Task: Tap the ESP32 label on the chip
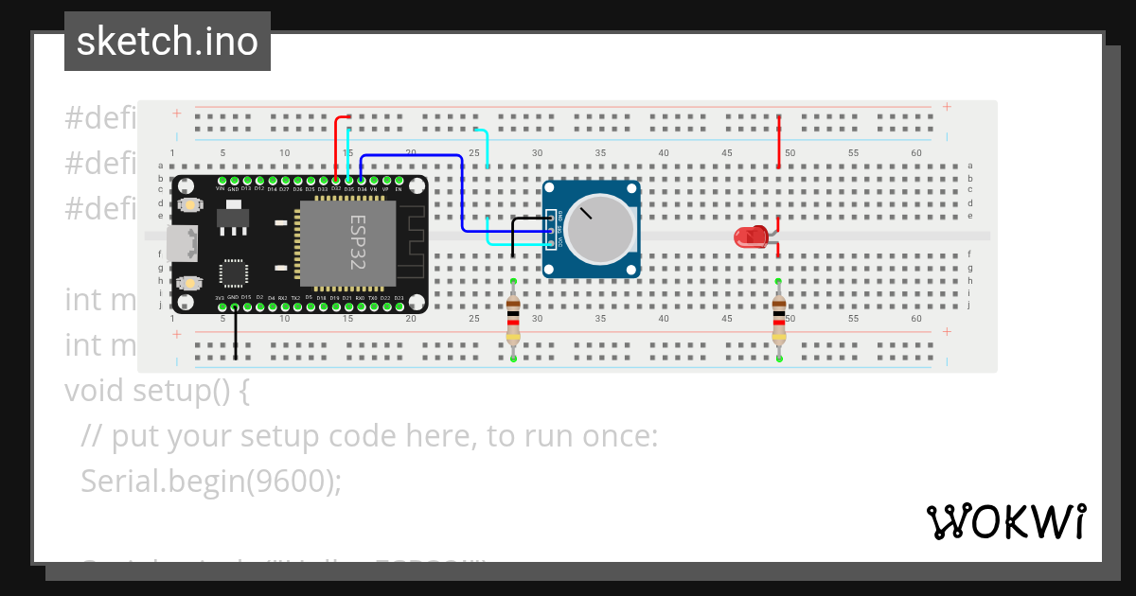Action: (358, 242)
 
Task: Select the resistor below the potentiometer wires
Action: (513, 320)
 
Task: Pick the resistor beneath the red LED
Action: (778, 320)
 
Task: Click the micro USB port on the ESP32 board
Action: (179, 242)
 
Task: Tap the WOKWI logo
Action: (1005, 521)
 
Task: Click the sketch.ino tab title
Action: (168, 42)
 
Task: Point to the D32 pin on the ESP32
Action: (336, 179)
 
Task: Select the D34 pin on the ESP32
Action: (362, 179)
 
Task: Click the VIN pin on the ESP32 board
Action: (222, 179)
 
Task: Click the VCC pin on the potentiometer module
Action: (552, 242)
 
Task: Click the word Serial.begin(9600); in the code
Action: (210, 482)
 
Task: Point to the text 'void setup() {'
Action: (156, 390)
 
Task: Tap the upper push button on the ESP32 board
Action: (190, 204)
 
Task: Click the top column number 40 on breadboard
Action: (664, 153)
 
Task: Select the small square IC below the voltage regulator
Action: (233, 272)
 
